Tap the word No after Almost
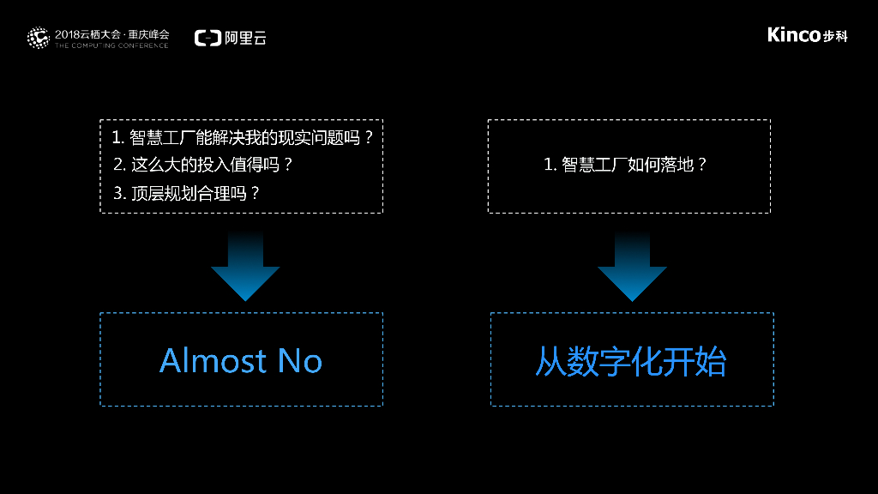point(300,360)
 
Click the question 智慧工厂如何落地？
point(634,165)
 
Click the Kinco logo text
point(794,35)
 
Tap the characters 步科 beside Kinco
point(835,36)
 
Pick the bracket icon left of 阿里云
point(207,38)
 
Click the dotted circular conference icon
point(38,38)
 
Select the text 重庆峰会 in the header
point(149,33)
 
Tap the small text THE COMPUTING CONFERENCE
point(111,45)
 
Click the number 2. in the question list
point(119,164)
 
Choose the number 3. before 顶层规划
point(119,193)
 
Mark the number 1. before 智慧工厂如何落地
point(550,165)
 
